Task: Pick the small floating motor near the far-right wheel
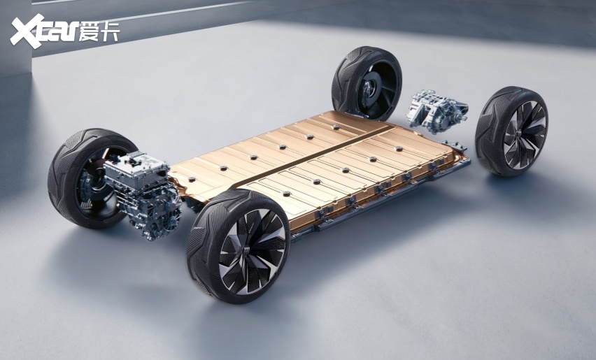tap(437, 111)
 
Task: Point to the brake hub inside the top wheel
tap(368, 90)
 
